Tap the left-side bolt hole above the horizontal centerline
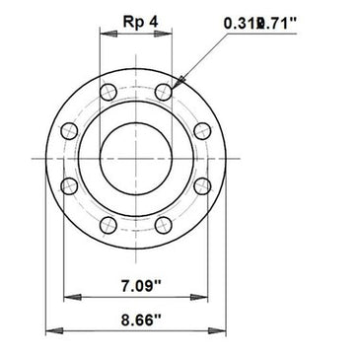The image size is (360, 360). point(69,130)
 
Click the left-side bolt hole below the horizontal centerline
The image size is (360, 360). point(69,185)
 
